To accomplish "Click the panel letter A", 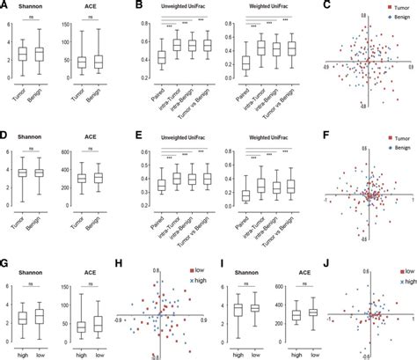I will coord(4,5).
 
